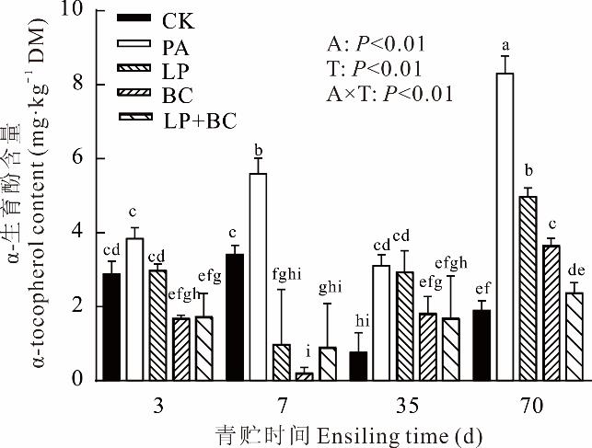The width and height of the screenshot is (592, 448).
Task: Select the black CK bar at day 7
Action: coord(234,316)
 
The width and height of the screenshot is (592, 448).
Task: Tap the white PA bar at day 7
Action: coord(258,276)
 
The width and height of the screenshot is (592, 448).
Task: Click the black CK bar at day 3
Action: coord(111,327)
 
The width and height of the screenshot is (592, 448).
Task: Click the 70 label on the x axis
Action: coord(529,406)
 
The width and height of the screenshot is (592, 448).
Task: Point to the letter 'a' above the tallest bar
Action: coord(505,43)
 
